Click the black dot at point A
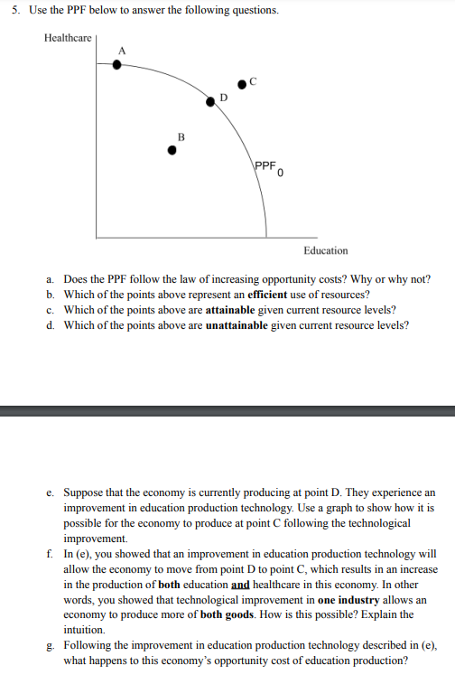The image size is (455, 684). click(116, 64)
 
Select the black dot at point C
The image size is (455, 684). click(241, 87)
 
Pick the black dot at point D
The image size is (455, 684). click(210, 102)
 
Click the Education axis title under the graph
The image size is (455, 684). click(325, 250)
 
